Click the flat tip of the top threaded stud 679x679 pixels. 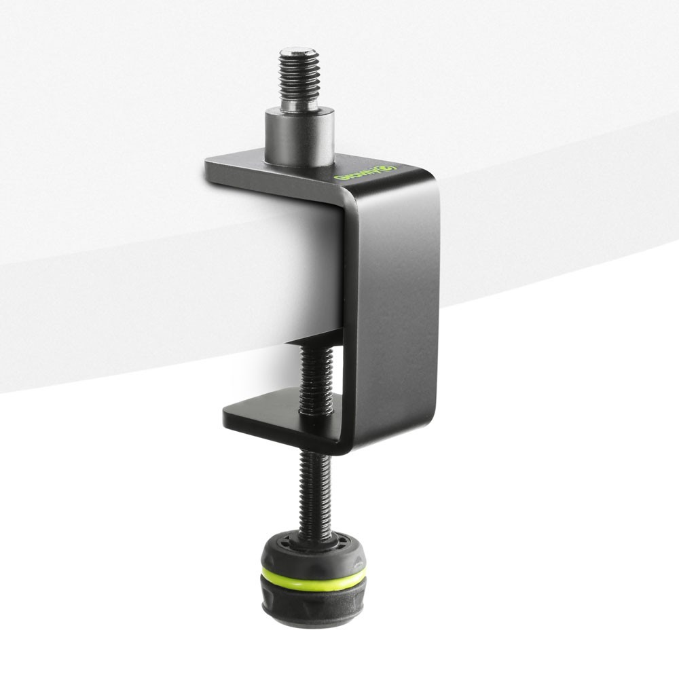299,51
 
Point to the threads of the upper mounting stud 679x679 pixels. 299,78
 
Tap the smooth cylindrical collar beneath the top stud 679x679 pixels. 299,139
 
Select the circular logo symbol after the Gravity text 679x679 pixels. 389,168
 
